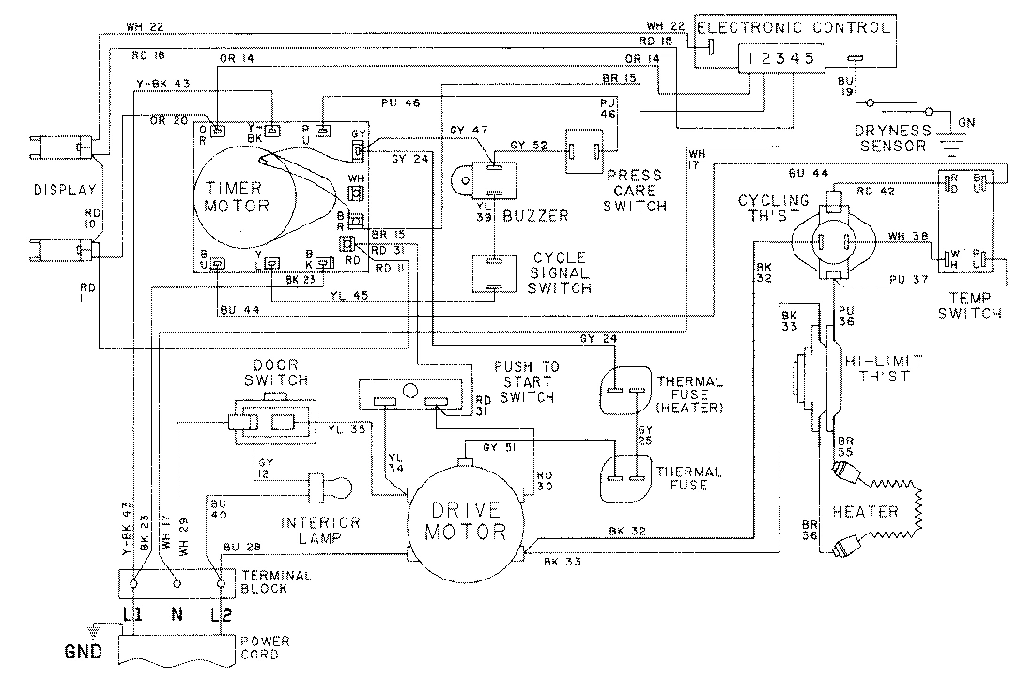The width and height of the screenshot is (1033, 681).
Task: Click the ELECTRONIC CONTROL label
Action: coord(794,27)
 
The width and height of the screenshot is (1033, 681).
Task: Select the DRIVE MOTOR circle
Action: coord(467,521)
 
